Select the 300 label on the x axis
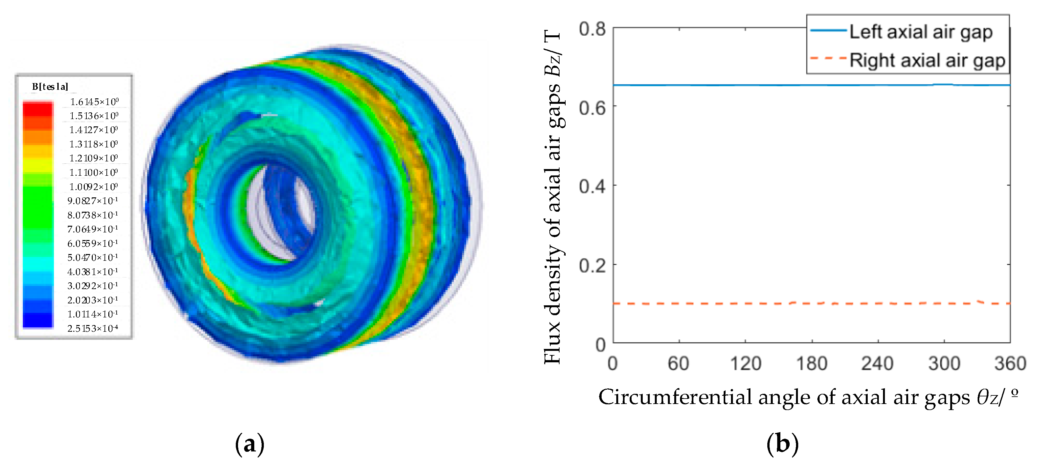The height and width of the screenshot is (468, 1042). click(944, 363)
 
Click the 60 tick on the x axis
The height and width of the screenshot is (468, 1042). click(678, 363)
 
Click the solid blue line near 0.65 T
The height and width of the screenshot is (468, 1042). click(769, 85)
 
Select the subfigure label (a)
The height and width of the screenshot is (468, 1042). click(250, 444)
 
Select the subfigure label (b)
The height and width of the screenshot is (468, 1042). click(782, 444)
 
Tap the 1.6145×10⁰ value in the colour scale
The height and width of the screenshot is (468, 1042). click(94, 102)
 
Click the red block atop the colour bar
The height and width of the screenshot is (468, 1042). click(38, 110)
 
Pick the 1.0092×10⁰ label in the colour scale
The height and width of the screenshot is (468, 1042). click(93, 187)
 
